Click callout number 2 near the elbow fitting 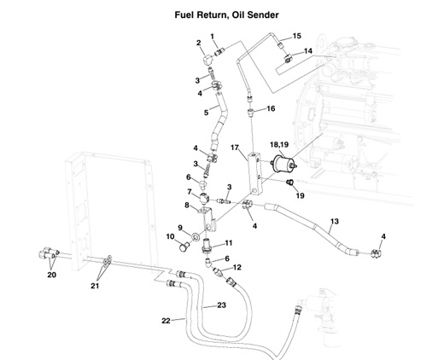(x=198, y=43)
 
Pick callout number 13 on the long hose (x=334, y=222)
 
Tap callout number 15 (x=297, y=36)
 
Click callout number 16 (x=271, y=109)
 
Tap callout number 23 (x=220, y=305)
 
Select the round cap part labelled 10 (x=183, y=250)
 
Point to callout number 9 (x=180, y=227)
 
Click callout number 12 (x=237, y=268)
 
